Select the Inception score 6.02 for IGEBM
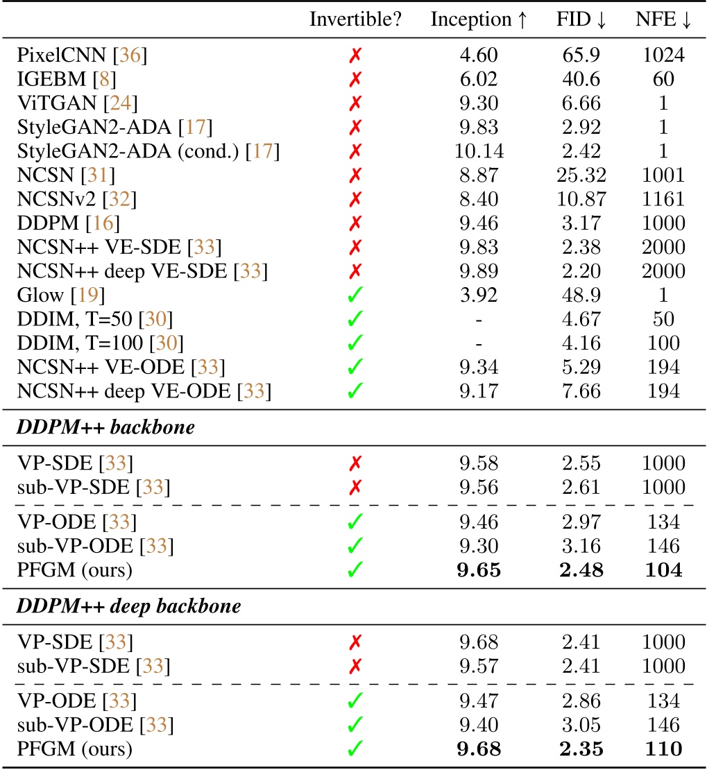pos(479,80)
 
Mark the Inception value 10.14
pos(479,151)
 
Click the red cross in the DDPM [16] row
pos(355,223)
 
